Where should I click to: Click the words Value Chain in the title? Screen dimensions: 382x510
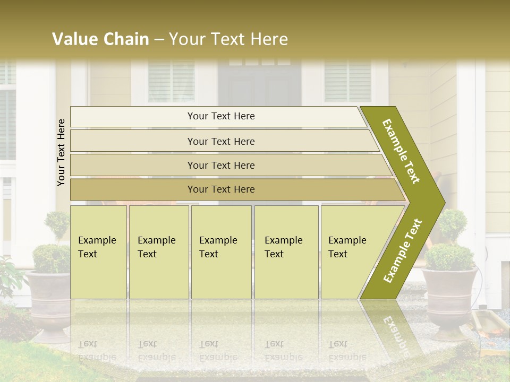point(100,39)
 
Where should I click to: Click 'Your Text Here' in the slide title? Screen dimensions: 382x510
point(228,39)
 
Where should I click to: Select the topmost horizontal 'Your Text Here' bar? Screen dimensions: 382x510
point(220,116)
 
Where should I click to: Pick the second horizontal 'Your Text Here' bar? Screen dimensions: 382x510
point(220,141)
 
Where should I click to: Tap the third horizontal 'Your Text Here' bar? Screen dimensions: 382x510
point(220,165)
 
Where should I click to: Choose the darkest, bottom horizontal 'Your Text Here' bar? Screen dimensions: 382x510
point(220,189)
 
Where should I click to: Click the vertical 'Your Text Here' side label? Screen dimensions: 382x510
point(61,152)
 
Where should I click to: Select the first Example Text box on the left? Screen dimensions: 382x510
point(98,251)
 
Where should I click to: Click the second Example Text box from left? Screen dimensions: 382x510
point(158,251)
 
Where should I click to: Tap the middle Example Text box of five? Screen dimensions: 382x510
point(220,251)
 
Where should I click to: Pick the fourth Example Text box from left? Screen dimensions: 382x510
point(286,251)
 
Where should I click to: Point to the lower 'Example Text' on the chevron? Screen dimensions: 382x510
point(403,250)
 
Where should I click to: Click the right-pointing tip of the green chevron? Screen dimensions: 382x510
point(442,202)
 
